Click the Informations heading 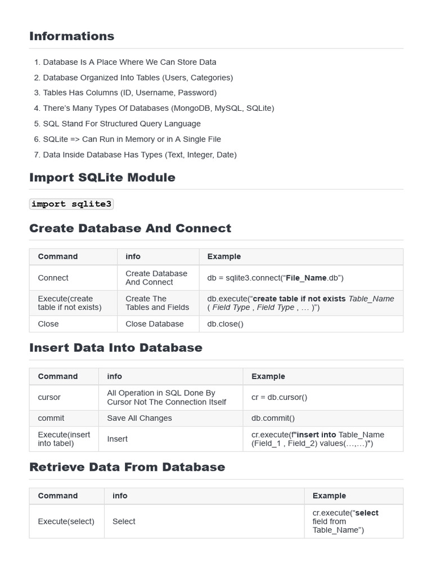pyautogui.click(x=71, y=36)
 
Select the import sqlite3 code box pyautogui.click(x=71, y=204)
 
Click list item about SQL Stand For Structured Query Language pyautogui.click(x=121, y=124)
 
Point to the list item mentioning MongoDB pyautogui.click(x=158, y=108)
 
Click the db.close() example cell pyautogui.click(x=226, y=324)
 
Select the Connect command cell pyautogui.click(x=53, y=278)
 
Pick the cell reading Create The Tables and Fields pyautogui.click(x=157, y=303)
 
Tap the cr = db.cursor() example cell pyautogui.click(x=280, y=397)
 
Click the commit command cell pyautogui.click(x=51, y=418)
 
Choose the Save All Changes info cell pyautogui.click(x=139, y=418)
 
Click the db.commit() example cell pyautogui.click(x=273, y=418)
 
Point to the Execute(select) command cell pyautogui.click(x=66, y=521)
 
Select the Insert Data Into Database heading pyautogui.click(x=115, y=348)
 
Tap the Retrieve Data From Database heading pyautogui.click(x=127, y=467)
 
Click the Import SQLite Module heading pyautogui.click(x=102, y=177)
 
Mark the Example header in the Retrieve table pyautogui.click(x=329, y=496)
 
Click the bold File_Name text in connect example pyautogui.click(x=306, y=278)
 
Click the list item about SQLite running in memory pyautogui.click(x=132, y=139)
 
